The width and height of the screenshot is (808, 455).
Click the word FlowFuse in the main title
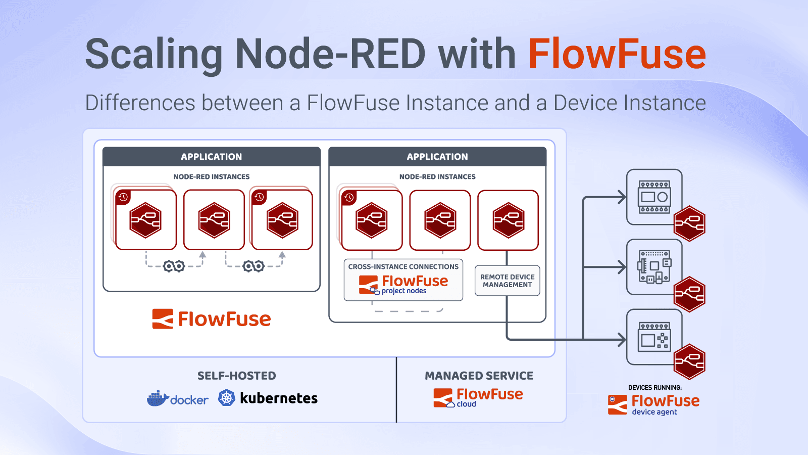pyautogui.click(x=617, y=54)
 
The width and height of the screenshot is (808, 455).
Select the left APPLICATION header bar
pyautogui.click(x=211, y=157)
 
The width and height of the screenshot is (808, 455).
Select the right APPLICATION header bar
pyautogui.click(x=437, y=157)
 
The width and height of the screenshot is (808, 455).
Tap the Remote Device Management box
pyautogui.click(x=507, y=281)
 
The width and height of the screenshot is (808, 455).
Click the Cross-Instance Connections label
pyautogui.click(x=403, y=266)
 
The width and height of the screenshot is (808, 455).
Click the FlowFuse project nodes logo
pyautogui.click(x=403, y=285)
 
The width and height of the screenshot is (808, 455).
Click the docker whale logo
pyautogui.click(x=158, y=399)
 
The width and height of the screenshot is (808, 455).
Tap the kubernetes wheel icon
pyautogui.click(x=227, y=398)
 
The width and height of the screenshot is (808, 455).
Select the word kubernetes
pyautogui.click(x=279, y=398)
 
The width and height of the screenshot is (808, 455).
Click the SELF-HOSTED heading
pyautogui.click(x=236, y=376)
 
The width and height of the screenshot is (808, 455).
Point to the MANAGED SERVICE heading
pyautogui.click(x=479, y=376)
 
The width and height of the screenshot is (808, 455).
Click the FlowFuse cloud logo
pyautogui.click(x=478, y=397)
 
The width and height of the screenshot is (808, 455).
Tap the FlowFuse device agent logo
pyautogui.click(x=653, y=404)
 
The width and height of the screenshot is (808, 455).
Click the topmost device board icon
pyautogui.click(x=654, y=197)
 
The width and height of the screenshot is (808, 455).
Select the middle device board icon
pyautogui.click(x=654, y=266)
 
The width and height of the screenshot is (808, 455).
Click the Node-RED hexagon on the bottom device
pyautogui.click(x=690, y=362)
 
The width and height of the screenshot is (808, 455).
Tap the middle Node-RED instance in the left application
pyautogui.click(x=214, y=220)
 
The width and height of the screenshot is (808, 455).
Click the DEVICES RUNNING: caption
pyautogui.click(x=654, y=388)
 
